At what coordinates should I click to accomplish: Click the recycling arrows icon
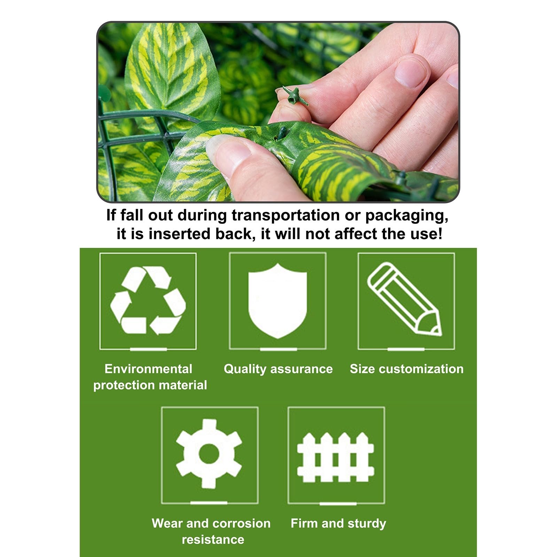pos(148,300)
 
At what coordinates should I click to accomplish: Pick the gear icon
pos(209,453)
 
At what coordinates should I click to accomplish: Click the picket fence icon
pos(336,457)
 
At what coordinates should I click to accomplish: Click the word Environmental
pos(148,369)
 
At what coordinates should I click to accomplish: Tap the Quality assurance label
pos(278,369)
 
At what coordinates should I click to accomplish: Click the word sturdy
pos(367,524)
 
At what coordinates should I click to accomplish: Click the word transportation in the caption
pos(285,215)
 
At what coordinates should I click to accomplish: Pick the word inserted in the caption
pos(181,234)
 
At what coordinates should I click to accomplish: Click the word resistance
pos(213,540)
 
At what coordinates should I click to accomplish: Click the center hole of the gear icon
pos(209,454)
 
